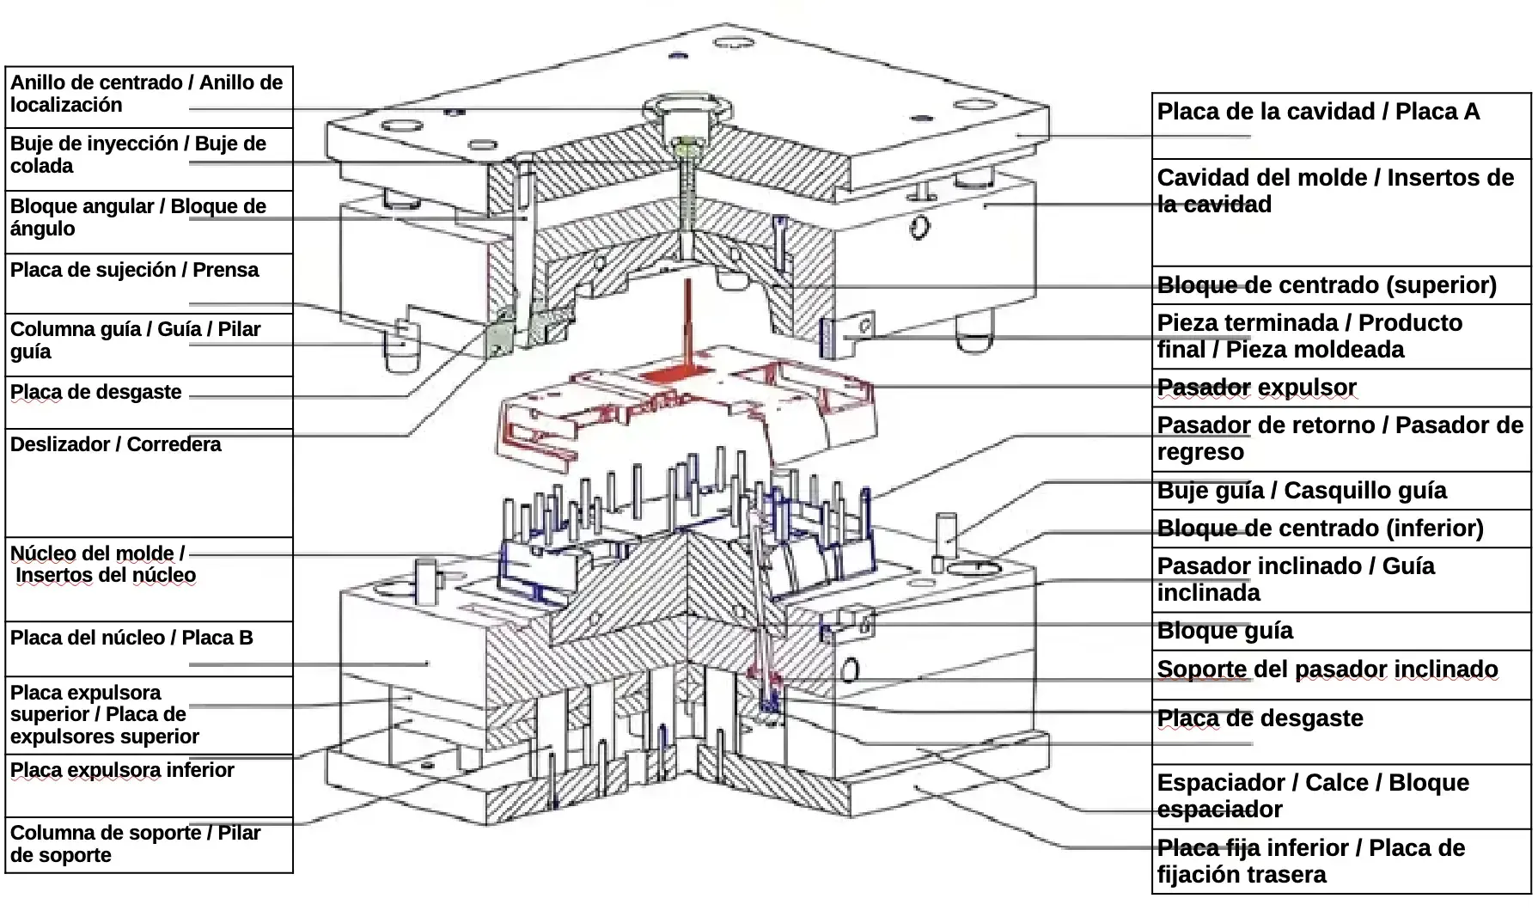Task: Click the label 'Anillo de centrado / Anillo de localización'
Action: point(146,94)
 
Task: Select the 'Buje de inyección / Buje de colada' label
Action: point(138,155)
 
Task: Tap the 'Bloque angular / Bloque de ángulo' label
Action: point(138,217)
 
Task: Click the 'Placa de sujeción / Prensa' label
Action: point(134,270)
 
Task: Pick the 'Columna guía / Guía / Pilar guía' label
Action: point(135,340)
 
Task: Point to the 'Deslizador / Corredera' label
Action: point(115,444)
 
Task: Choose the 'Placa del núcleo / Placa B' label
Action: point(131,638)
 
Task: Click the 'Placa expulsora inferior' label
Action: point(122,770)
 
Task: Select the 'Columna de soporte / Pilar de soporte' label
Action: point(135,844)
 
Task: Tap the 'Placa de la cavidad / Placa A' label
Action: point(1318,112)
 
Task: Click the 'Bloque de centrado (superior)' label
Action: point(1327,285)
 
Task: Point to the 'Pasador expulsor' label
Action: point(1256,388)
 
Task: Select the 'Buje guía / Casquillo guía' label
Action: point(1302,491)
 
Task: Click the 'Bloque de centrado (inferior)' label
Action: point(1320,529)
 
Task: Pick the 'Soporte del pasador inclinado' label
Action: point(1327,669)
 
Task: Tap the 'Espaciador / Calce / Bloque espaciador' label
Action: point(1313,796)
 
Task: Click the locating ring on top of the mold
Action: point(688,109)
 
